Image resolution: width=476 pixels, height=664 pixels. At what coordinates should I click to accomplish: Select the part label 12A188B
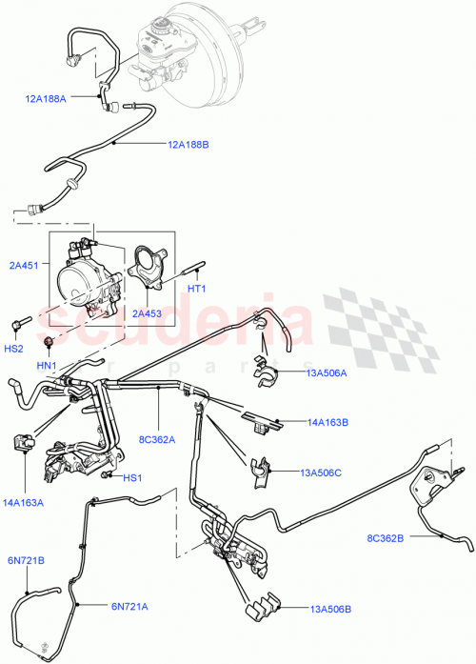click(189, 145)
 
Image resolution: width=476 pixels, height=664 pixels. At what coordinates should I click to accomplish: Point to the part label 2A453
click(148, 312)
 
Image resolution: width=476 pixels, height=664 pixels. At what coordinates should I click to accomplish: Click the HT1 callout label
click(197, 289)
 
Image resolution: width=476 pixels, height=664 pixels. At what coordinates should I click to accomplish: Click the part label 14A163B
click(327, 421)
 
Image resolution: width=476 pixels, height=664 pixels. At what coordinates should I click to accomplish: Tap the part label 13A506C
click(320, 472)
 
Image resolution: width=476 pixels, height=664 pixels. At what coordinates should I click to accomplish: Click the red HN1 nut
click(49, 341)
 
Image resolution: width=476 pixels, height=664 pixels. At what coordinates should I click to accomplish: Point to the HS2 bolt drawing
click(21, 327)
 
